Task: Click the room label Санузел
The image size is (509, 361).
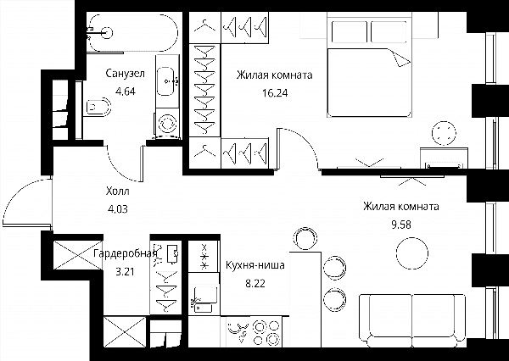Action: pyautogui.click(x=125, y=74)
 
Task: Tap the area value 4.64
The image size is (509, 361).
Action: pyautogui.click(x=126, y=92)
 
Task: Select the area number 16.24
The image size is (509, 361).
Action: pyautogui.click(x=275, y=93)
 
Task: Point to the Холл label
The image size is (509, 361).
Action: pyautogui.click(x=118, y=192)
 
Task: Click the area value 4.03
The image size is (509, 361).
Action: pyautogui.click(x=118, y=209)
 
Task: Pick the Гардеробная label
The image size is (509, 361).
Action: pyautogui.click(x=126, y=253)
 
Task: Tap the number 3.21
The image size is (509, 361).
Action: pyautogui.click(x=125, y=271)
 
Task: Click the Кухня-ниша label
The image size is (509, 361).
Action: pyautogui.click(x=255, y=265)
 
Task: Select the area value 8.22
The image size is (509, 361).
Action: pyautogui.click(x=255, y=284)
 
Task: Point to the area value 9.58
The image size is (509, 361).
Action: pyautogui.click(x=401, y=225)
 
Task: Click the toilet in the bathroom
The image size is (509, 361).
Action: pyautogui.click(x=98, y=107)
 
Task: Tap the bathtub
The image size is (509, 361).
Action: pyautogui.click(x=133, y=32)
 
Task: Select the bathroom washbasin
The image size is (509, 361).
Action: pyautogui.click(x=167, y=81)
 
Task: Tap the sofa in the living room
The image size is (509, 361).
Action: pyautogui.click(x=412, y=320)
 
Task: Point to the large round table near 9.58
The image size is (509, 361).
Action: pyautogui.click(x=411, y=253)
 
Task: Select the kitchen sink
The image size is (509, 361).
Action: pyautogui.click(x=204, y=295)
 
